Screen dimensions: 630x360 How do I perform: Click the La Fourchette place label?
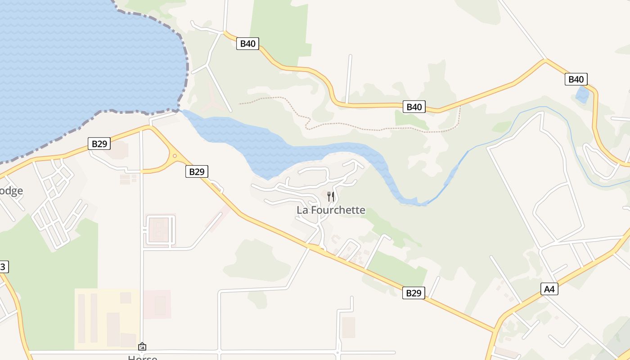pyautogui.click(x=331, y=210)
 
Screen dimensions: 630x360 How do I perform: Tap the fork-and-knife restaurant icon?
pyautogui.click(x=331, y=196)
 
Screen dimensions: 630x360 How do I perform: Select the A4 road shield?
pyautogui.click(x=549, y=289)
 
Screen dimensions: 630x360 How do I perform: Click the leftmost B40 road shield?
pyautogui.click(x=247, y=44)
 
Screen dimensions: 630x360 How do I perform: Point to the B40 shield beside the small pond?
pyautogui.click(x=576, y=80)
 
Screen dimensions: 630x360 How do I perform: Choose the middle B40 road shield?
pyautogui.click(x=414, y=107)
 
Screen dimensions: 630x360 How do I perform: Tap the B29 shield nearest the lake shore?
pyautogui.click(x=99, y=144)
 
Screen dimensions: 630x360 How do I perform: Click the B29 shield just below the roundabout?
pyautogui.click(x=197, y=171)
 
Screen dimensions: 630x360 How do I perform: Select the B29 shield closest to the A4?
pyautogui.click(x=413, y=293)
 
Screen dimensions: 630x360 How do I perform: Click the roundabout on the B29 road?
pyautogui.click(x=175, y=156)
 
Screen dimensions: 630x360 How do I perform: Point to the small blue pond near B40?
pyautogui.click(x=582, y=95)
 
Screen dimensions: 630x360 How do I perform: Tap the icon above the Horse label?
pyautogui.click(x=142, y=346)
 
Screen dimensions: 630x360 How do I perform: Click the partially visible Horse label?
pyautogui.click(x=143, y=357)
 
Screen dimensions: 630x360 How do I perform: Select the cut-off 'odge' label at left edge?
pyautogui.click(x=11, y=191)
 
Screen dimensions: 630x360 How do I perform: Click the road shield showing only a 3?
pyautogui.click(x=3, y=267)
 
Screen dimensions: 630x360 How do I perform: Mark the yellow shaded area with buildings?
pyautogui.click(x=107, y=319)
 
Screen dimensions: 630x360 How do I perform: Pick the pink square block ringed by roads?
pyautogui.click(x=159, y=231)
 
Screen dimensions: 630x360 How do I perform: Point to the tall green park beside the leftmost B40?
pyautogui.click(x=279, y=31)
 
